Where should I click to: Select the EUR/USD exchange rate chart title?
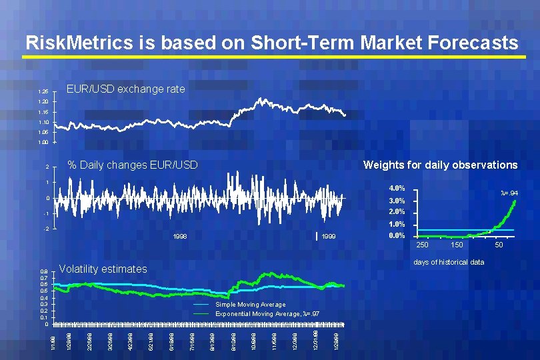126,89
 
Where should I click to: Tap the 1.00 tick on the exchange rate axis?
43,142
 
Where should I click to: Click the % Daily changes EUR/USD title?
133,165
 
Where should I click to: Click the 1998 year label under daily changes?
179,237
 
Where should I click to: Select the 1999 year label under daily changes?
328,237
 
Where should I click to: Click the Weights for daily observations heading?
439,165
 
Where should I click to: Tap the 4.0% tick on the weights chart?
397,189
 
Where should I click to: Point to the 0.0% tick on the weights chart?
397,236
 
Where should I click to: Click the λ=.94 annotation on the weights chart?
509,193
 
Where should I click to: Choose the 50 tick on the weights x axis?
498,246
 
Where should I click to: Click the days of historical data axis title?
449,262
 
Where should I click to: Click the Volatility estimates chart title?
103,269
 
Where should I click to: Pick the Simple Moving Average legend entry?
250,305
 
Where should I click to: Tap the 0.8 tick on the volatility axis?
43,272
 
